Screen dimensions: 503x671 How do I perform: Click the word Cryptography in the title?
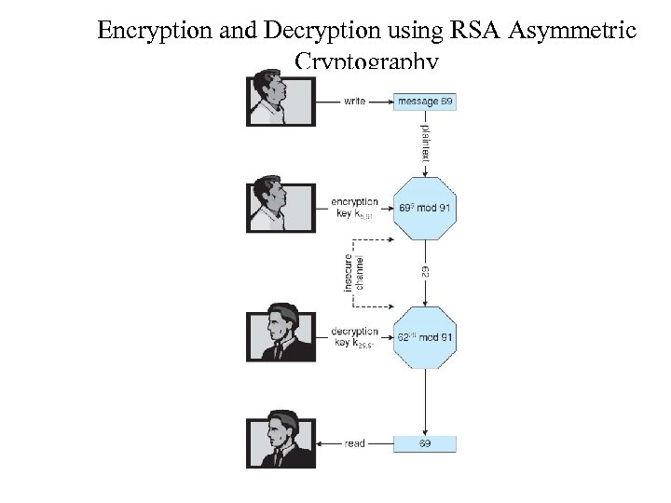coord(366,62)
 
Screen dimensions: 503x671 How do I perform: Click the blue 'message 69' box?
coord(425,101)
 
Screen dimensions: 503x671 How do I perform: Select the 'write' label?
coord(354,101)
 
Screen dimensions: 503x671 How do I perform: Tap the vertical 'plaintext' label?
coord(425,137)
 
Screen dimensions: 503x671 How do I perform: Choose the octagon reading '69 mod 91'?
coord(425,207)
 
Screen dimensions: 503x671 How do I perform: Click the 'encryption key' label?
coord(355,208)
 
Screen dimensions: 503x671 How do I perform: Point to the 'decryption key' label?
coord(355,336)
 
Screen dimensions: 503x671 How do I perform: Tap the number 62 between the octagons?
coord(425,271)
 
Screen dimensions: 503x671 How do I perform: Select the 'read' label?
coord(354,444)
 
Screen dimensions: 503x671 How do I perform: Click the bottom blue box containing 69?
coord(425,444)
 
